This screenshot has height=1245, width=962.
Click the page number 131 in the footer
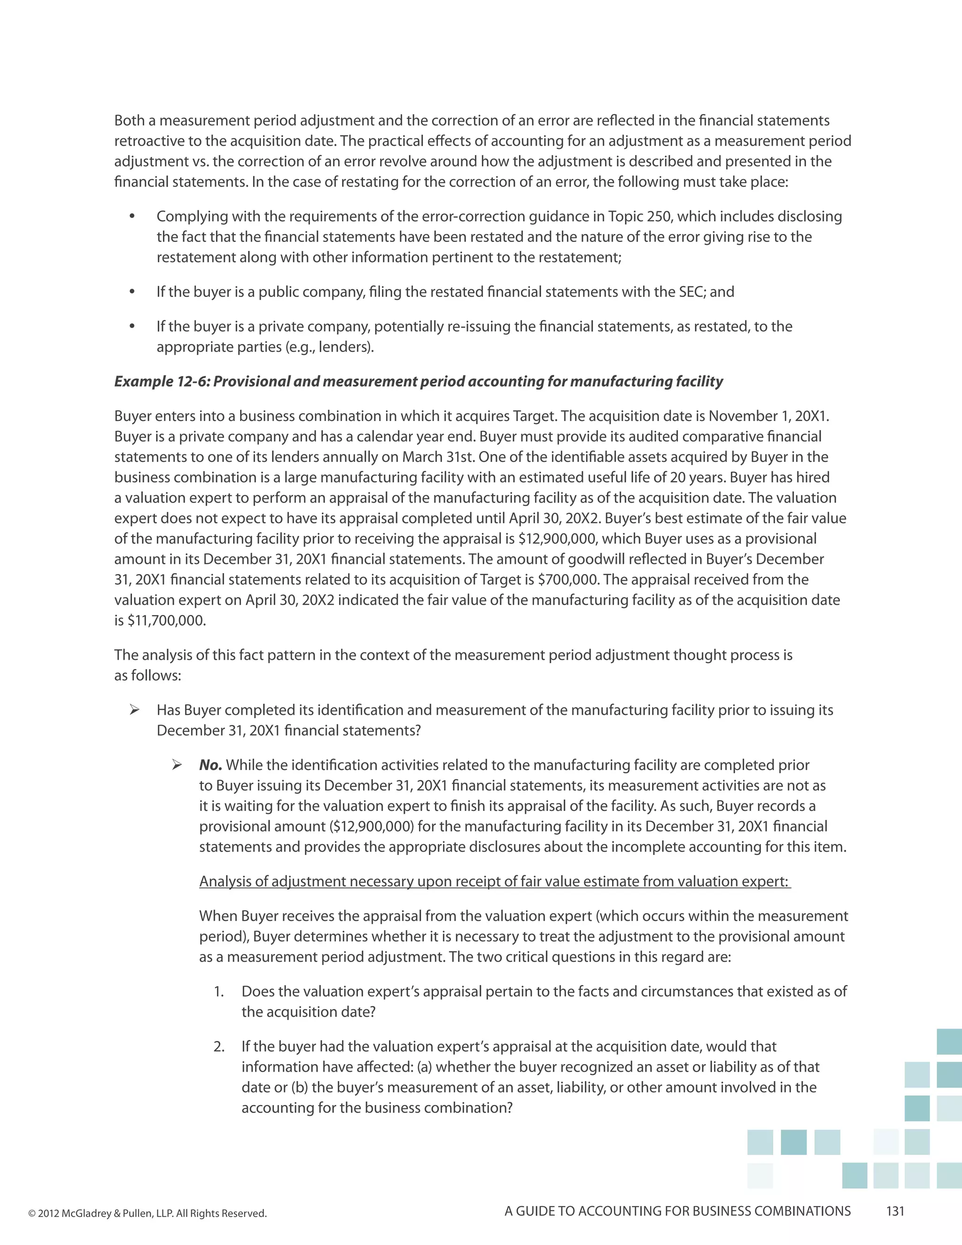(x=895, y=1211)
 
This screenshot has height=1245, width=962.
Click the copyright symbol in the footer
(x=32, y=1214)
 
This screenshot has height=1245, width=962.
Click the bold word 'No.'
(x=210, y=765)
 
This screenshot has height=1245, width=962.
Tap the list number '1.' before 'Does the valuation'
(x=219, y=991)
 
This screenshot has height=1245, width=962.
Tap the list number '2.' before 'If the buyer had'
(x=219, y=1047)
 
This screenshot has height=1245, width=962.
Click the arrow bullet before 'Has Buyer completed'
(x=134, y=710)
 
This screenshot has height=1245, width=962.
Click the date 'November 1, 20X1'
(x=768, y=416)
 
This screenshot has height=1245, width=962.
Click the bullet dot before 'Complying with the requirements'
(x=132, y=217)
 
